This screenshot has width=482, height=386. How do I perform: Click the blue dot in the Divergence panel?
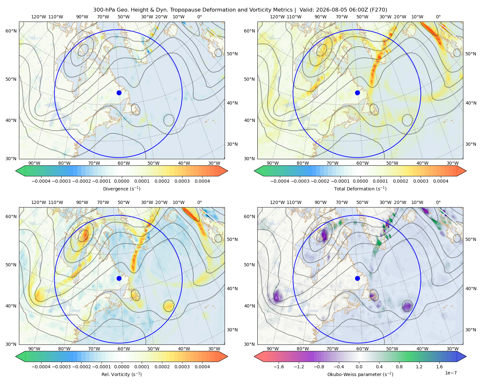[x=119, y=93]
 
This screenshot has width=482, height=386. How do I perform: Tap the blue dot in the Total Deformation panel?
[x=357, y=93]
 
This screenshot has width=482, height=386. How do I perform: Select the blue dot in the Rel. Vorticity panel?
[x=119, y=278]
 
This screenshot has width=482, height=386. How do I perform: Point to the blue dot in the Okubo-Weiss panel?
[x=357, y=278]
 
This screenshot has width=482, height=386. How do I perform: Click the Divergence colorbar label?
[x=121, y=189]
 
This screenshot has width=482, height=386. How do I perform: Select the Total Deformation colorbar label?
[x=360, y=189]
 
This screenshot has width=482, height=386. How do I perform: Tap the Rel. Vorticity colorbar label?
[x=121, y=374]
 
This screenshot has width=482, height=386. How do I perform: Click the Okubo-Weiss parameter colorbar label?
[x=360, y=374]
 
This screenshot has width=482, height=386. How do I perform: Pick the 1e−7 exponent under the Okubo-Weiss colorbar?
[x=451, y=373]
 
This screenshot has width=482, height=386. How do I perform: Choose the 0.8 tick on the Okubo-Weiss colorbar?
[x=399, y=367]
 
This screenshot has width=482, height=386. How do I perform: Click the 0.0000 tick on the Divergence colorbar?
[x=121, y=181]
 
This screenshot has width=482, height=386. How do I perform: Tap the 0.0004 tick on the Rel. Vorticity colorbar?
[x=202, y=367]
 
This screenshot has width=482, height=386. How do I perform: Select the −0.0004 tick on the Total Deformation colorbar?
[x=280, y=181]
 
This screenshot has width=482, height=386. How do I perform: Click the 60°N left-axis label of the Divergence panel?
[x=11, y=31]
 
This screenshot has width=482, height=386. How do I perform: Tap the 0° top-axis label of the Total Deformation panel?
[x=438, y=17]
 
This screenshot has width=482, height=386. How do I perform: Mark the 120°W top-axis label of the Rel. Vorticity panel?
[x=39, y=202]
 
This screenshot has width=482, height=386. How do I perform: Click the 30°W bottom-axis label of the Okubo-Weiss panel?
[x=453, y=349]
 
